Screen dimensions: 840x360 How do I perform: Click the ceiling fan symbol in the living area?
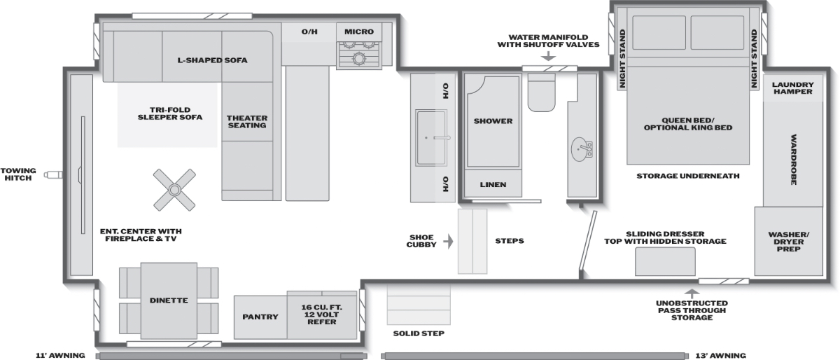174,190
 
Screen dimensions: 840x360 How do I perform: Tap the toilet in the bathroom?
542,92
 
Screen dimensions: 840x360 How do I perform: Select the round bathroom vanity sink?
580,149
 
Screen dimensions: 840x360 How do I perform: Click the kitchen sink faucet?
442,138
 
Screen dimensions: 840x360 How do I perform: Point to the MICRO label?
359,32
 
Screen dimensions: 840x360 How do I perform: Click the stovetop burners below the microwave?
359,55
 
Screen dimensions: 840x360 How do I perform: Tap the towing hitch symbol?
53,174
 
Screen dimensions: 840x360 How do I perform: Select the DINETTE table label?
169,300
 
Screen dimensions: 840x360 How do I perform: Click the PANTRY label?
260,317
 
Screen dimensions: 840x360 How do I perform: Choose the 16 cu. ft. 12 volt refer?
322,314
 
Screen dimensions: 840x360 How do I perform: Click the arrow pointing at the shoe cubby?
449,241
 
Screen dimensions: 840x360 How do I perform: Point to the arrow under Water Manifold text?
549,56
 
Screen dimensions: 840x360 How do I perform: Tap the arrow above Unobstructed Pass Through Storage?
692,293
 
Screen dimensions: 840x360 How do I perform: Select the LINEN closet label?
493,185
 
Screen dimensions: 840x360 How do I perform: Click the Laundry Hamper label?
792,88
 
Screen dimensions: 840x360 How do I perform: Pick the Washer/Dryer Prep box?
789,242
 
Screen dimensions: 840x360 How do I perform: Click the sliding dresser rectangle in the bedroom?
665,262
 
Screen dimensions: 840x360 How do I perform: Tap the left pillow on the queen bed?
659,33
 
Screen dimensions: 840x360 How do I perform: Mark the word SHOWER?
493,121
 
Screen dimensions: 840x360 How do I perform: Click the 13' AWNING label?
721,356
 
